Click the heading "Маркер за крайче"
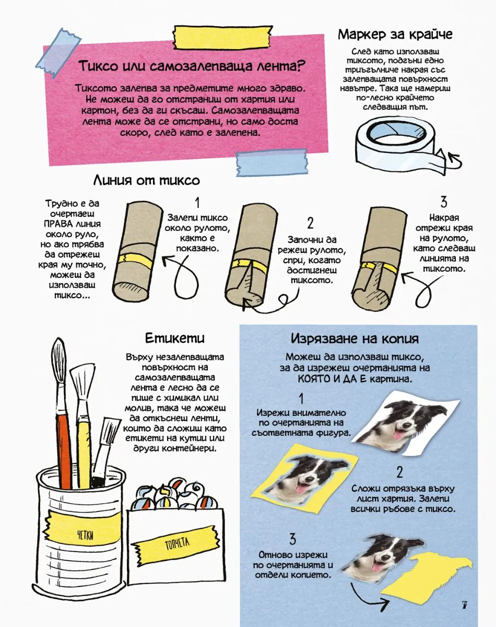[x=395, y=34]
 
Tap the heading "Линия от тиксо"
[x=147, y=180]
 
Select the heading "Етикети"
[x=175, y=338]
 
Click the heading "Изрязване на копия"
[x=355, y=339]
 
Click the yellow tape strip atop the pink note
[x=223, y=37]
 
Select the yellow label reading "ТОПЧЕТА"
[x=176, y=542]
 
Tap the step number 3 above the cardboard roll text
[x=444, y=202]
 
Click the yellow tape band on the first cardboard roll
[x=135, y=259]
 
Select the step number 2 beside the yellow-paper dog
[x=399, y=472]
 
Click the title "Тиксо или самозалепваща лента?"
[x=192, y=66]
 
